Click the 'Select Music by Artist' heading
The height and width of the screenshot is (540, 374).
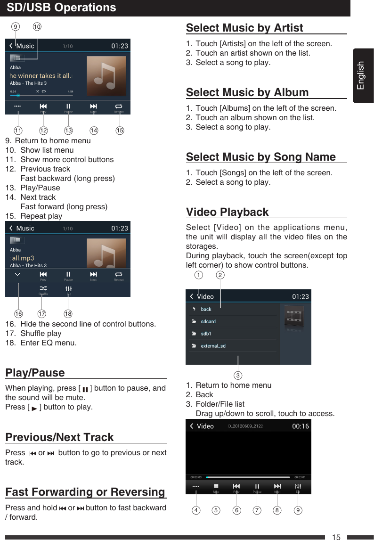click(244, 28)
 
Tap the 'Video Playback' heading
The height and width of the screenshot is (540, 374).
click(228, 212)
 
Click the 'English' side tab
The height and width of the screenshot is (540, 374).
click(361, 75)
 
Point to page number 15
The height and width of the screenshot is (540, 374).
click(336, 537)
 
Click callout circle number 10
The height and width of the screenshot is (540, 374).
click(37, 27)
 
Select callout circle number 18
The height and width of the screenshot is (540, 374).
click(68, 313)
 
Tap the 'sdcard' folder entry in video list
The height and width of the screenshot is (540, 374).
click(208, 321)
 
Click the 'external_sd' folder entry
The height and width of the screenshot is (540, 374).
click(213, 346)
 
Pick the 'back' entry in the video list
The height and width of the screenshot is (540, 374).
click(206, 309)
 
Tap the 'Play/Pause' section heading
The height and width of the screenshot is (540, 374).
click(35, 373)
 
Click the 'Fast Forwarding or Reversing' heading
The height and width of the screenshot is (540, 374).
click(85, 492)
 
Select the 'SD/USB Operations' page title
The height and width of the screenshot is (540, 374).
click(62, 8)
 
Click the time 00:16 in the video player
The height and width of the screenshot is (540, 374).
click(301, 426)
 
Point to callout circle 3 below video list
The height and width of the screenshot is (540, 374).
click(238, 376)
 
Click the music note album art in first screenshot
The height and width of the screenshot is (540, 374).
click(106, 75)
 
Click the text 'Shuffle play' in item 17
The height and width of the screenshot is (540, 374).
click(41, 333)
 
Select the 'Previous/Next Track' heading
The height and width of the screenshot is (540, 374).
click(59, 437)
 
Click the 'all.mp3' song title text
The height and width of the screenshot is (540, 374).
click(23, 258)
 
